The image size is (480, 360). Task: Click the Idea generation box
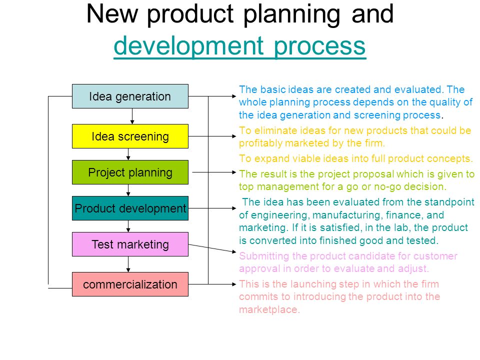(x=130, y=96)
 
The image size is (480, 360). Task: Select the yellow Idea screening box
(x=130, y=136)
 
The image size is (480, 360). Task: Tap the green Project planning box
(x=130, y=172)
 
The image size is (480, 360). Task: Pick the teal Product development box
(x=130, y=208)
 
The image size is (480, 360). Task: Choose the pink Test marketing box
(x=130, y=244)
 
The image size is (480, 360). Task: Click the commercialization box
(x=130, y=284)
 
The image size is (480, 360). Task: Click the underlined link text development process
(x=239, y=46)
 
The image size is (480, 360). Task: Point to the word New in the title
(x=112, y=14)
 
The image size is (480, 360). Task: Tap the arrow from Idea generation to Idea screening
(x=132, y=116)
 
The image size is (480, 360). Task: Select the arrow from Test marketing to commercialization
(x=128, y=264)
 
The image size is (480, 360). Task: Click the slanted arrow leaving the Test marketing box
(x=212, y=248)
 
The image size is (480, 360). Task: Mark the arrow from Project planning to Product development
(x=128, y=190)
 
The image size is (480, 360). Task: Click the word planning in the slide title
(x=291, y=15)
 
